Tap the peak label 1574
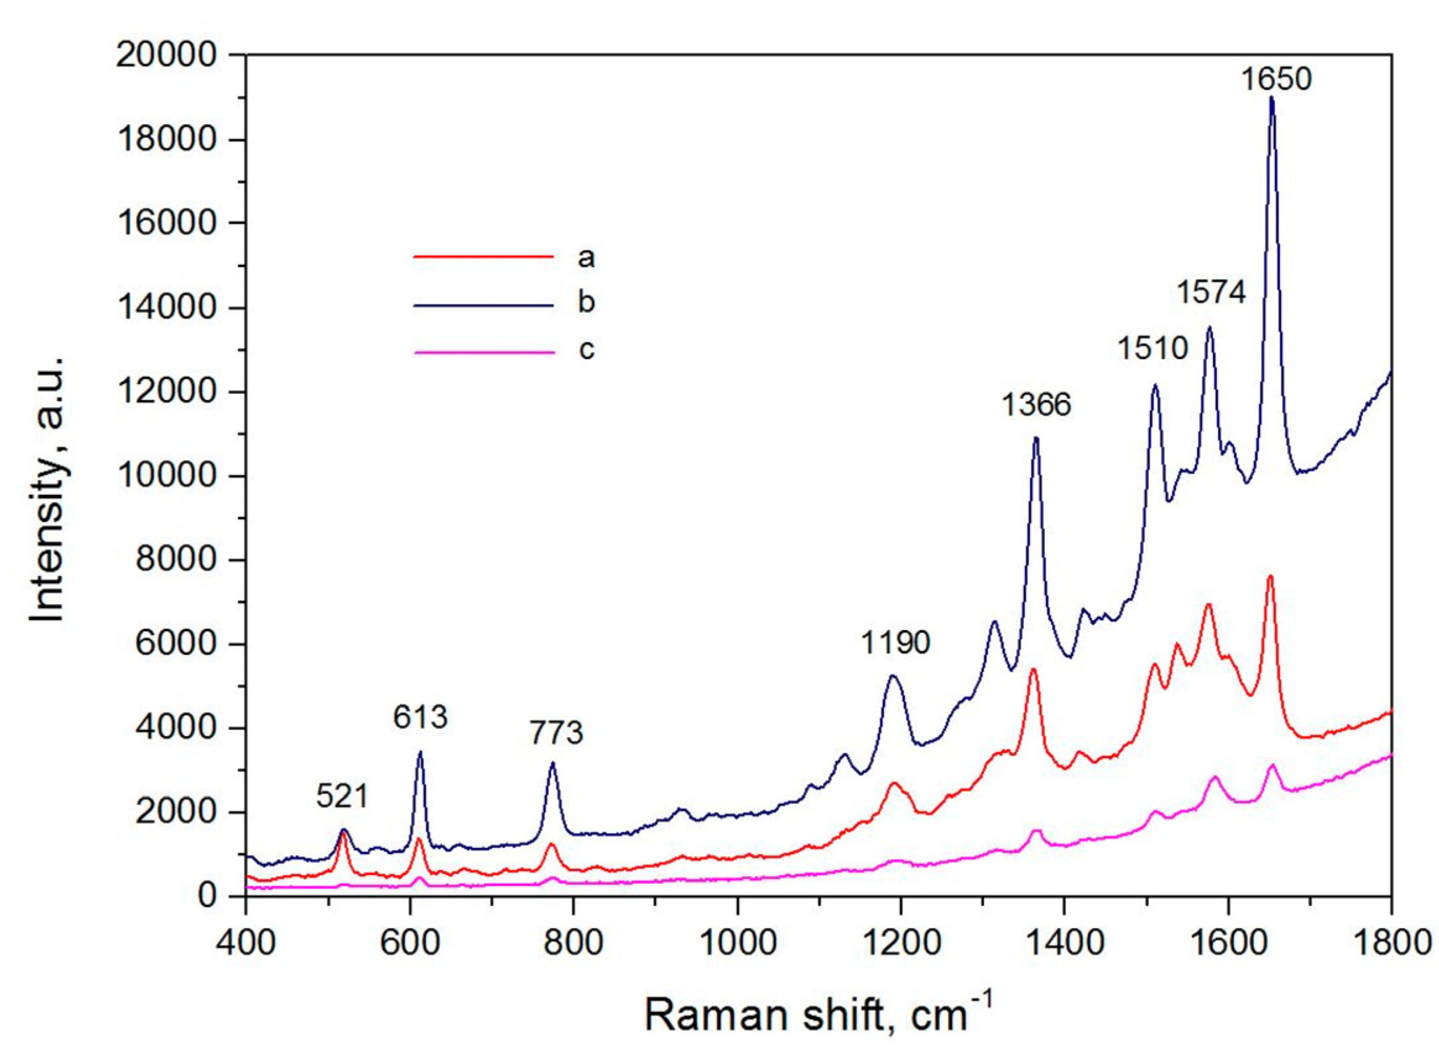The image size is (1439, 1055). click(1211, 293)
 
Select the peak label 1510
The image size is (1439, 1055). click(1151, 349)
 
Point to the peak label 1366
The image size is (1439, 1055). click(1036, 405)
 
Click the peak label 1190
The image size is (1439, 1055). click(895, 643)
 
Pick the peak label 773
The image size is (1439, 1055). click(556, 733)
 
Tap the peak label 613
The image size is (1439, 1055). click(419, 717)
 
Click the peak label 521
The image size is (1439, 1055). click(343, 797)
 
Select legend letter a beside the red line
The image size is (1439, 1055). click(586, 257)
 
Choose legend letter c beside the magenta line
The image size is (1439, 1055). click(586, 350)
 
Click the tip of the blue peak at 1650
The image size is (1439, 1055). click(1271, 98)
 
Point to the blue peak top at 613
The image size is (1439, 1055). click(419, 753)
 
